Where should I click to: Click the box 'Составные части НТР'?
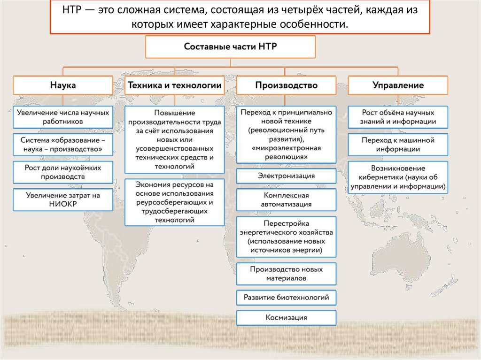click(x=230, y=47)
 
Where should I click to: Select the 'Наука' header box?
click(x=62, y=85)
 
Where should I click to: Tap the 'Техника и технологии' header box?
click(x=174, y=85)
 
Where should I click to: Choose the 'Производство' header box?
click(x=286, y=85)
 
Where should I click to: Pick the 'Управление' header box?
click(x=398, y=85)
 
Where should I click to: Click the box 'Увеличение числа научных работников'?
click(x=62, y=117)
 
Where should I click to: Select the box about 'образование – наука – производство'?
click(x=62, y=145)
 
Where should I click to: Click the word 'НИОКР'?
click(x=62, y=204)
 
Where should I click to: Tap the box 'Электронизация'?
click(x=286, y=176)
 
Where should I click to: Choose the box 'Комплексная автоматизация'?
click(x=286, y=199)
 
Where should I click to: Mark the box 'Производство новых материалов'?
click(x=286, y=274)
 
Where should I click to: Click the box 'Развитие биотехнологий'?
click(x=286, y=297)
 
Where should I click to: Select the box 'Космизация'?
click(x=286, y=318)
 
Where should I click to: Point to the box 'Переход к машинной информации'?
click(x=398, y=145)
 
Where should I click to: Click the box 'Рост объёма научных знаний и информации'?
click(x=398, y=117)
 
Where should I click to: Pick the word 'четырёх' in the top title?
click(x=282, y=10)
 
